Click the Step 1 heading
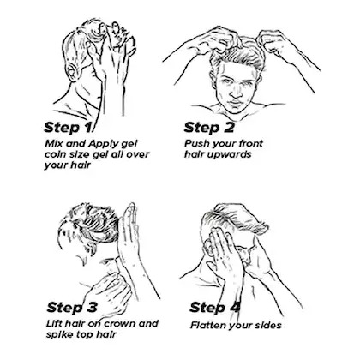[x=69, y=128]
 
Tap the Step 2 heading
[x=209, y=128]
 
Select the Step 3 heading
[x=72, y=308]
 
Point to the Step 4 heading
[x=215, y=308]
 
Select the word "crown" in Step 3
[x=119, y=324]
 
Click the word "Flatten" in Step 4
[x=207, y=325]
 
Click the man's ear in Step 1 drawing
[x=73, y=72]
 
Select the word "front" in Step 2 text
[x=250, y=143]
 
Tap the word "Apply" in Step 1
[x=105, y=143]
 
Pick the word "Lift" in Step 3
[x=54, y=324]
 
